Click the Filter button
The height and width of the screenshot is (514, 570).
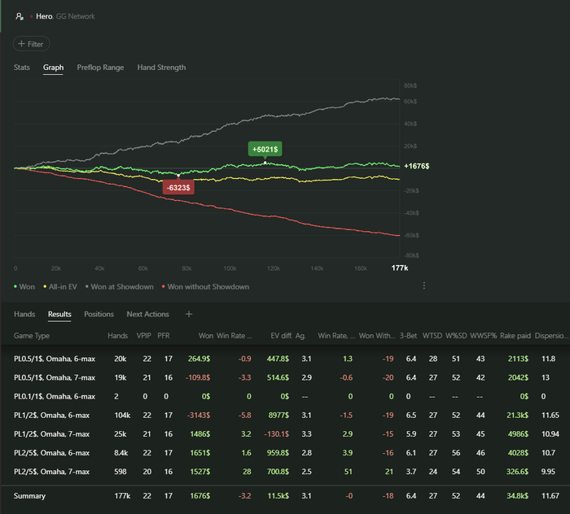32,44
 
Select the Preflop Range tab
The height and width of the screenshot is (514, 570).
100,68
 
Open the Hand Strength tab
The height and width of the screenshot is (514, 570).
161,68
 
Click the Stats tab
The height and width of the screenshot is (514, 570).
22,68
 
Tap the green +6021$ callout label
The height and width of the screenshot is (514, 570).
265,149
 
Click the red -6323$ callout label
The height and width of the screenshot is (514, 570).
178,188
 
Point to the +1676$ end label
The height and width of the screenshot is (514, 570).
416,166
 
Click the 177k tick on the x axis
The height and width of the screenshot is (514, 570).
399,268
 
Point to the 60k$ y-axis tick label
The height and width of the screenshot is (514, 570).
410,102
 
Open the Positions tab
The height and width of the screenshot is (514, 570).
99,314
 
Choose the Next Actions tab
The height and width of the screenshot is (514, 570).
147,314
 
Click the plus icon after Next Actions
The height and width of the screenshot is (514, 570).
189,314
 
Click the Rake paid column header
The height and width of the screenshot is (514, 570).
515,336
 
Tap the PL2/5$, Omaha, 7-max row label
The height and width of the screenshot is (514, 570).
55,471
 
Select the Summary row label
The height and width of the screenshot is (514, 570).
30,495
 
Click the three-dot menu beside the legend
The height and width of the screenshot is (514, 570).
423,286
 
